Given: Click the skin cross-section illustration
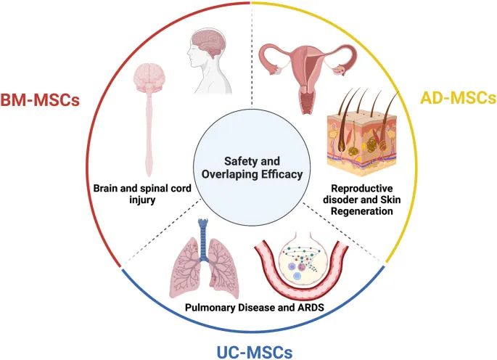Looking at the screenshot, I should point(359,139).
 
